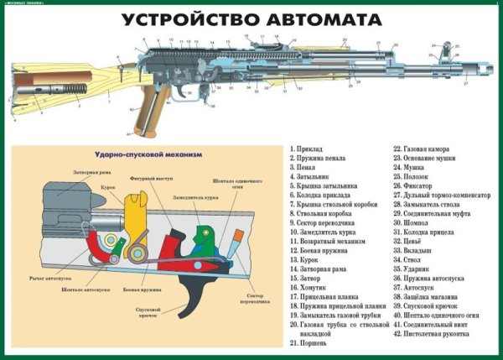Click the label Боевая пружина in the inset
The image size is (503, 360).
tap(137, 289)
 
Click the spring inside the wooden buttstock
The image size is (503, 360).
tap(74, 86)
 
